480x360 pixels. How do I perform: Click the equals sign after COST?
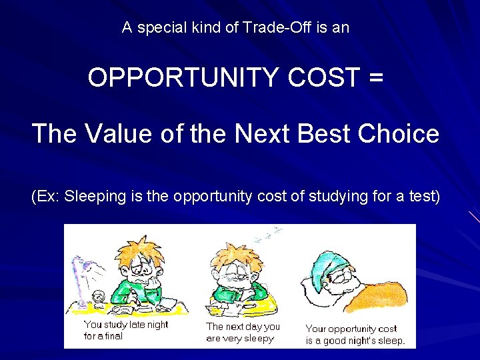coord(375,79)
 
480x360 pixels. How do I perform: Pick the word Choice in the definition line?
coord(398,134)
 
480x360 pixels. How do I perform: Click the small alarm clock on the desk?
coord(99,298)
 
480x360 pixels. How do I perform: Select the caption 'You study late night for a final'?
coord(125,330)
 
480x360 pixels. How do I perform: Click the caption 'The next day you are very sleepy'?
coord(243,332)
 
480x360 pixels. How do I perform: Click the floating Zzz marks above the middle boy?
coord(267,234)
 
